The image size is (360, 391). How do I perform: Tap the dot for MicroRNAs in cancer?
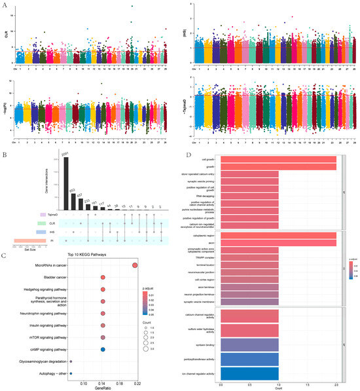135,265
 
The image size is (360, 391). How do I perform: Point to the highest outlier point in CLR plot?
133,7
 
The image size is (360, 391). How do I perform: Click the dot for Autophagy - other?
71,373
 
